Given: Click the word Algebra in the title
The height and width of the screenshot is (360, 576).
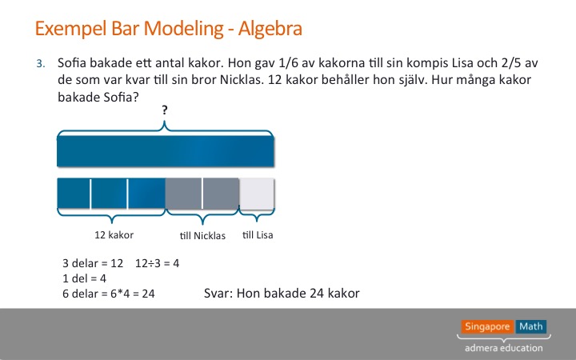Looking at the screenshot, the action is [x=270, y=29].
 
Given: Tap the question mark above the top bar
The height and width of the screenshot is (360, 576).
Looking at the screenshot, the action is [x=165, y=110].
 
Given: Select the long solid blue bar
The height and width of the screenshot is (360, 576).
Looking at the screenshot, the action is [x=166, y=151].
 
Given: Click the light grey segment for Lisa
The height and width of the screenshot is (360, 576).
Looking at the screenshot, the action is [x=257, y=194].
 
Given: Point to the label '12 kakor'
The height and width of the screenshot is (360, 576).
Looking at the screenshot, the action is [x=114, y=235].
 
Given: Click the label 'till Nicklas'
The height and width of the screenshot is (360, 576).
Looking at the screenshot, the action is [x=202, y=235].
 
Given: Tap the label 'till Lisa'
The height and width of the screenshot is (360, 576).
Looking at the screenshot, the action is [x=258, y=235].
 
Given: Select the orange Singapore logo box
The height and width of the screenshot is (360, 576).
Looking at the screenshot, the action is [x=487, y=326].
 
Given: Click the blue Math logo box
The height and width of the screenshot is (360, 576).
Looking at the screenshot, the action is [x=531, y=326].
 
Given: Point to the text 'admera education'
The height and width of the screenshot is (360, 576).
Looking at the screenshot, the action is [x=504, y=348].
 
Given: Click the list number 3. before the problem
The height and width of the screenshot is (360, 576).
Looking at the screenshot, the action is [x=41, y=64].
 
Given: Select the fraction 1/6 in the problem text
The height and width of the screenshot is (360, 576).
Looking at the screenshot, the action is [x=288, y=63].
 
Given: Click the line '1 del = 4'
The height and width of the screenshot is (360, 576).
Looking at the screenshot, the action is [x=85, y=278].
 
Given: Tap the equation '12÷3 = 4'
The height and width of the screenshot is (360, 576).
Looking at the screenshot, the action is [x=158, y=263].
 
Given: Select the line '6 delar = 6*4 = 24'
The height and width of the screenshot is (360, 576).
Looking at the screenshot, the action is [x=109, y=294].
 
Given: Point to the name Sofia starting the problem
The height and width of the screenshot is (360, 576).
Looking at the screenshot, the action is [x=72, y=63].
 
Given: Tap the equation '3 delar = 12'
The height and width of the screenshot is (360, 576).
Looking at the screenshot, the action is [x=93, y=263].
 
